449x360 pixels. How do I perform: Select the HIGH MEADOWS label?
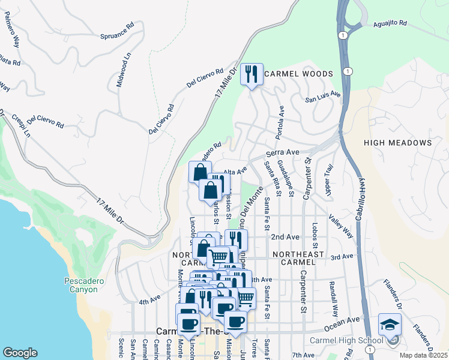click(x=397, y=143)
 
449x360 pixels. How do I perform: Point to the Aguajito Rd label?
click(x=390, y=23)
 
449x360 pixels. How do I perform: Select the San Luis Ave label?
click(x=323, y=95)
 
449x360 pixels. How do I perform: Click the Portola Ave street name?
click(x=280, y=123)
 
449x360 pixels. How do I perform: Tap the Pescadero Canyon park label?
click(x=81, y=285)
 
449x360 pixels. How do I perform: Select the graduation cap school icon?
click(x=390, y=325)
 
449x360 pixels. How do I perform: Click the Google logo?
click(x=20, y=352)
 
